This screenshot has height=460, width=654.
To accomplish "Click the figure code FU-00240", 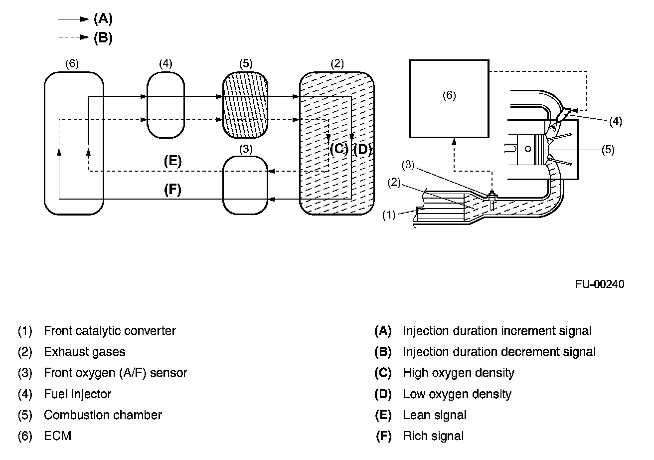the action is point(600,284).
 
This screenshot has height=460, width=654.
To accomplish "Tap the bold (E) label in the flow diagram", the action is point(172,161).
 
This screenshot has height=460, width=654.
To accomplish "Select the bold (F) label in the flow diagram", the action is point(172,190).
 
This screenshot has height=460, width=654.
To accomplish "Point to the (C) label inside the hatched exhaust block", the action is point(339,149).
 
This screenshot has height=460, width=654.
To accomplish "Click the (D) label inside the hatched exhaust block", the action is point(362,150).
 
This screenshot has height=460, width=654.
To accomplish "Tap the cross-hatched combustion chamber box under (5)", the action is point(245,105).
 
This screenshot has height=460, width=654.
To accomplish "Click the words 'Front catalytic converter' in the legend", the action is point(110,331).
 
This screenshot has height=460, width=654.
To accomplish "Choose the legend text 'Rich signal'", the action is point(433,436).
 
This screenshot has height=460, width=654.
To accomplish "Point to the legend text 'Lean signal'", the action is point(435,415).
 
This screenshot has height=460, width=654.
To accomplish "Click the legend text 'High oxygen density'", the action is point(459,373).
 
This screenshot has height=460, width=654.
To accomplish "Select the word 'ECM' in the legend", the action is point(57,436).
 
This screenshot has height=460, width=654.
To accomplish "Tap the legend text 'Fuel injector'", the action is point(77,394).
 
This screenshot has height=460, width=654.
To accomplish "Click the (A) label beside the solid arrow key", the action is point(103,18).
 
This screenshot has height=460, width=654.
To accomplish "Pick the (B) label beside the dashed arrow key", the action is point(103,38).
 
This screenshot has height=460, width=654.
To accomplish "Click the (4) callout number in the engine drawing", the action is point(616,121).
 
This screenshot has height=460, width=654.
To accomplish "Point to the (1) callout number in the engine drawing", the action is point(389,215).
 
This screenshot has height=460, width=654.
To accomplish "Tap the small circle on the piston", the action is point(528,149).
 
